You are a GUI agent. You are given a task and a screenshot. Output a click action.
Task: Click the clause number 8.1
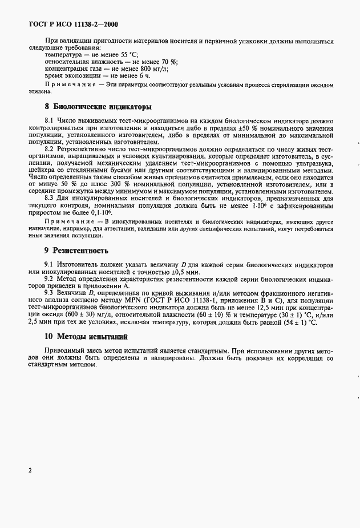tap(49, 121)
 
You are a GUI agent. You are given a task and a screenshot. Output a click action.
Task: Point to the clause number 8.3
tap(49, 198)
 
